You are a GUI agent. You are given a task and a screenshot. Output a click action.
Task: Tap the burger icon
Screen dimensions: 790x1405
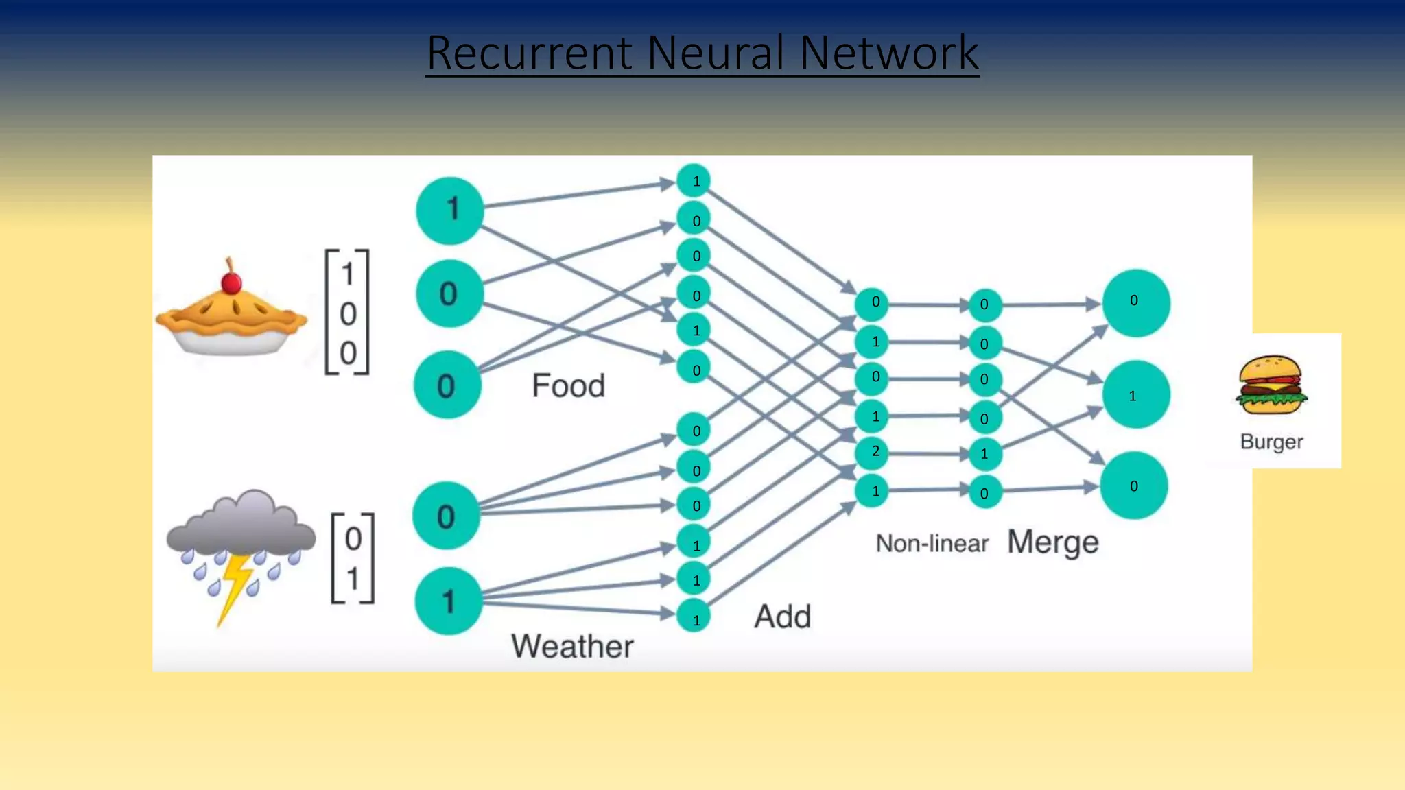coord(1271,385)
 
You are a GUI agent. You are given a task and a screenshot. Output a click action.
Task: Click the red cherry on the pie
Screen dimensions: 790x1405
coord(231,283)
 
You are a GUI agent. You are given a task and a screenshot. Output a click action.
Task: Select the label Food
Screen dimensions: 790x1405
coord(568,385)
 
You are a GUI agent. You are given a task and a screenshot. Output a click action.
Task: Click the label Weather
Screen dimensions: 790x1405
coord(572,646)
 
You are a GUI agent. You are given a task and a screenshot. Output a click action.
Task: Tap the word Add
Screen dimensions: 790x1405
coord(783,616)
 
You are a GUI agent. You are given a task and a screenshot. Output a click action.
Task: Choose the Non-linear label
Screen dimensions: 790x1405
coord(932,544)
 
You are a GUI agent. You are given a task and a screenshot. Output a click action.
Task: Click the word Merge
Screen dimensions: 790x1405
coord(1052,542)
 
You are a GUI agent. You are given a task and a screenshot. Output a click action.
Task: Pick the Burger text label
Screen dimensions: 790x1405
coord(1271,442)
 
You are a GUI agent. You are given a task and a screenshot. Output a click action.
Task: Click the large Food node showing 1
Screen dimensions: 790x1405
coord(449,210)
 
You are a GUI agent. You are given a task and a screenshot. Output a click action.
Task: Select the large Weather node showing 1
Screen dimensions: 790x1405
coord(448,601)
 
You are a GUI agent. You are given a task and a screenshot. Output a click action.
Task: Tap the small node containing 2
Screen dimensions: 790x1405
coord(873,451)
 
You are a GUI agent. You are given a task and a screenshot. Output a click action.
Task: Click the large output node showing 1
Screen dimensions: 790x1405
coord(1135,395)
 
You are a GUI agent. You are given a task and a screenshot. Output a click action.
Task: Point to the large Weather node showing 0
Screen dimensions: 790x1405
coord(446,516)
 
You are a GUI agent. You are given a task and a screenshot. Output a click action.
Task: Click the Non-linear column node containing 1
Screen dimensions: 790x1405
coord(984,454)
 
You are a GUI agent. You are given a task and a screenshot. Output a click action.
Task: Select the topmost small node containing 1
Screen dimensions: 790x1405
coord(694,181)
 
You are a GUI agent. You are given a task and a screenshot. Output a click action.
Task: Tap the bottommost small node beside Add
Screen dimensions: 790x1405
coord(694,619)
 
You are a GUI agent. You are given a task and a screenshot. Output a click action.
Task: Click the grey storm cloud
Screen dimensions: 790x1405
coord(241,525)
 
